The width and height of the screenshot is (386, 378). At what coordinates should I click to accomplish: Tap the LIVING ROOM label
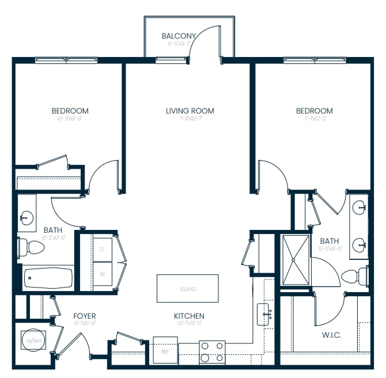pyautogui.click(x=190, y=111)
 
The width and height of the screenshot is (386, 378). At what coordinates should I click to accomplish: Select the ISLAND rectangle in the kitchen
pyautogui.click(x=187, y=289)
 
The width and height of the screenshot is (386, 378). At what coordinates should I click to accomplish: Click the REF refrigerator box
pyautogui.click(x=165, y=351)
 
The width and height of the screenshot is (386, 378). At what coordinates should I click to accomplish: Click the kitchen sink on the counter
pyautogui.click(x=266, y=314)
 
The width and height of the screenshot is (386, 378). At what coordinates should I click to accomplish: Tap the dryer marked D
pyautogui.click(x=102, y=249)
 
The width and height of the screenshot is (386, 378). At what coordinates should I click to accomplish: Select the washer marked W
pyautogui.click(x=102, y=274)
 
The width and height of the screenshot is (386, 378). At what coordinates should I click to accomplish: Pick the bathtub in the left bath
pyautogui.click(x=48, y=279)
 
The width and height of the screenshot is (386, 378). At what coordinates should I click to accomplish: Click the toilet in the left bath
pyautogui.click(x=32, y=248)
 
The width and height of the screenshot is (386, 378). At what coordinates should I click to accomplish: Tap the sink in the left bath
pyautogui.click(x=27, y=217)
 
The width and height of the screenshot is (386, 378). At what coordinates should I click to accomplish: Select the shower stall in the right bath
pyautogui.click(x=296, y=260)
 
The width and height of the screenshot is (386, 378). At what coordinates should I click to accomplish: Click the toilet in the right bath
pyautogui.click(x=353, y=276)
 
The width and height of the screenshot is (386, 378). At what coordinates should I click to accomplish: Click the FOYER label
pyautogui.click(x=84, y=316)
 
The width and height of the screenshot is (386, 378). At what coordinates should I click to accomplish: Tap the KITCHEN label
pyautogui.click(x=189, y=316)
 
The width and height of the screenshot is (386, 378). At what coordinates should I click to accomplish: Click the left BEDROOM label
pyautogui.click(x=70, y=111)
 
